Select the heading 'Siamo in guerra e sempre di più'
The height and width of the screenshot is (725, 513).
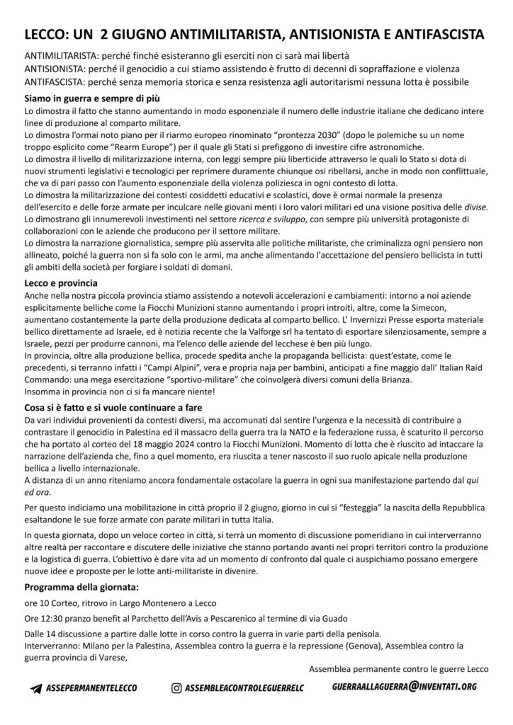[89, 98]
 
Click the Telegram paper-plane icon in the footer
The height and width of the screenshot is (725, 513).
[37, 687]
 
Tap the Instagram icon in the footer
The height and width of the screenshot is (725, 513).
[177, 687]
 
